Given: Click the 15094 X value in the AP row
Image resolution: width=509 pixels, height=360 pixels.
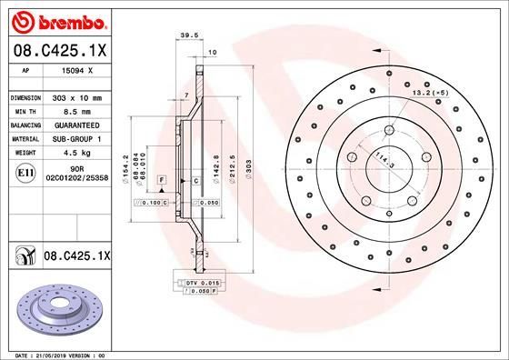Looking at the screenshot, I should [77, 69].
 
